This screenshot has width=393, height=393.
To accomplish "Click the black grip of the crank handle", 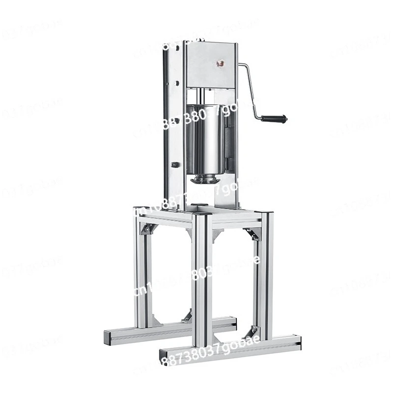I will pyautogui.click(x=274, y=118).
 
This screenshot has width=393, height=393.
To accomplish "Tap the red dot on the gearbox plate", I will pyautogui.click(x=221, y=63).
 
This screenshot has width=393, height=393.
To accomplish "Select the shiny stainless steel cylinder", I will pyautogui.click(x=205, y=140).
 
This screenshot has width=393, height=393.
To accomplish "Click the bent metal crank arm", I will pyautogui.click(x=251, y=88).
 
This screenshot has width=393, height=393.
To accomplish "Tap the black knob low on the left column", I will pyautogui.click(x=174, y=165).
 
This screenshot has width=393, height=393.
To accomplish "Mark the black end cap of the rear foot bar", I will pyautogui.click(x=106, y=337).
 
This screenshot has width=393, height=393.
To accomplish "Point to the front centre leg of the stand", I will pyautogui.click(x=202, y=280).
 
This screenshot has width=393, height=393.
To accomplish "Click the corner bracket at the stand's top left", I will pyautogui.click(x=147, y=228).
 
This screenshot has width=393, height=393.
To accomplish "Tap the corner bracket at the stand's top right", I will pyautogui.click(x=253, y=234).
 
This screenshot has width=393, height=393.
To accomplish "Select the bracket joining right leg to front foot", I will pyautogui.click(x=252, y=333).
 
